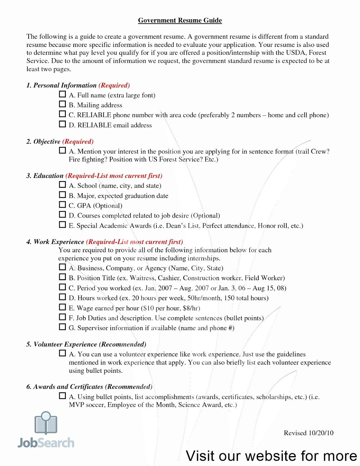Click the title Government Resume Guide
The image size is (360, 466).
coord(180,20)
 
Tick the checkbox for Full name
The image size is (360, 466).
coord(62,94)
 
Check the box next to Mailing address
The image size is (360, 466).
coord(62,104)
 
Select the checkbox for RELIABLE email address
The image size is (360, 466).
coord(62,124)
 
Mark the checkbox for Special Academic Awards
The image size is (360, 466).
coord(62,225)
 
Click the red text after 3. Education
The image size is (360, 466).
coord(114,176)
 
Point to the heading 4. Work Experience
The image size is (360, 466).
coord(55,242)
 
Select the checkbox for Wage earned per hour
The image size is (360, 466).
coord(62,307)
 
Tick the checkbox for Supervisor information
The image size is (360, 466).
coord(62,327)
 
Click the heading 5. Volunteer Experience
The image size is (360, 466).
coord(61,344)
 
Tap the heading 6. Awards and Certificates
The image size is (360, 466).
coord(65,387)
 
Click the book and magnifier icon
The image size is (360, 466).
coord(46,423)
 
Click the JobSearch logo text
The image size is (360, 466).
coord(46,443)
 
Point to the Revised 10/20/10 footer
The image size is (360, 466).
coord(308,433)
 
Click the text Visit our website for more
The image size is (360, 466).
coord(271,456)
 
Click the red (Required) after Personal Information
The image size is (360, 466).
coord(114,85)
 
